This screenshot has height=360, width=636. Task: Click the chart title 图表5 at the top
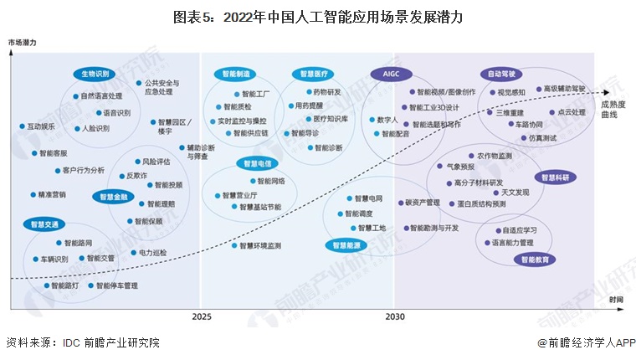pyautogui.click(x=318, y=16)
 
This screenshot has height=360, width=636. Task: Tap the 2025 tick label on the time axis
pyautogui.click(x=202, y=317)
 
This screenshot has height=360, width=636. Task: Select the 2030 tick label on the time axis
pyautogui.click(x=395, y=317)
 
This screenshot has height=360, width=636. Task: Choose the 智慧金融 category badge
pyautogui.click(x=115, y=197)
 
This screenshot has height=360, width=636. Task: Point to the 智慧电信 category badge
pyautogui.click(x=257, y=162)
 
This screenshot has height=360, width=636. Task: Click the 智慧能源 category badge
pyautogui.click(x=346, y=245)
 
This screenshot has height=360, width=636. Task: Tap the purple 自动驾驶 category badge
pyautogui.click(x=502, y=74)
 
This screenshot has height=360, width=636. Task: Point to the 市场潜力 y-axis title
pyautogui.click(x=23, y=41)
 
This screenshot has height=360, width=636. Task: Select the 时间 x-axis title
pyautogui.click(x=616, y=299)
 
